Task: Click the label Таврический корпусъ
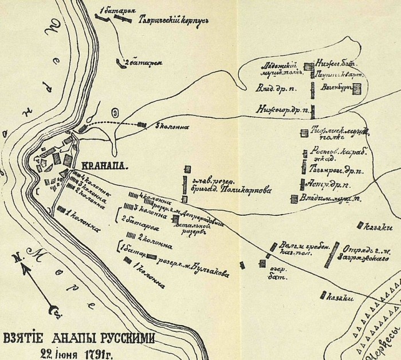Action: click(x=172, y=19)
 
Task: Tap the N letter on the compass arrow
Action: click(x=19, y=258)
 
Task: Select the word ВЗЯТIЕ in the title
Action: click(x=23, y=338)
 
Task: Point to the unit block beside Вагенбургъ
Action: click(x=357, y=88)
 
